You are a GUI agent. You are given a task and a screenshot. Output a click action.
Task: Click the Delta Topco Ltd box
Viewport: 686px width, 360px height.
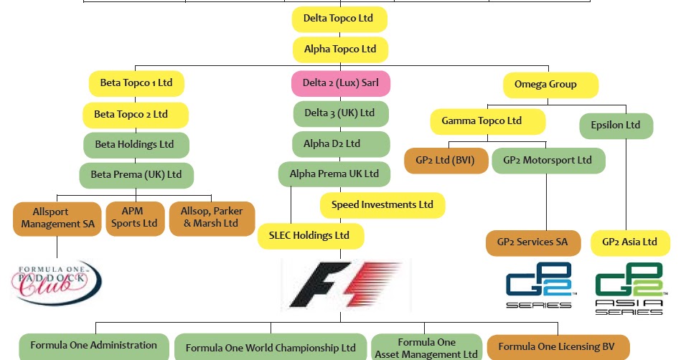[339, 19]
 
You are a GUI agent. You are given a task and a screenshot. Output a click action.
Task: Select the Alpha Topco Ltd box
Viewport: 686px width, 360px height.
[340, 49]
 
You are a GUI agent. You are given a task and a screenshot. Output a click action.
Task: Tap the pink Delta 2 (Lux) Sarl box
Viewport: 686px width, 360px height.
[341, 83]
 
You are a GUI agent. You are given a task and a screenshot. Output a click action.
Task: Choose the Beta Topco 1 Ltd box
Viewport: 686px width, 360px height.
[136, 83]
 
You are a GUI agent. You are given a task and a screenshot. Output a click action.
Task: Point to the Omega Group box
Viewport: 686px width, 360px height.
[550, 85]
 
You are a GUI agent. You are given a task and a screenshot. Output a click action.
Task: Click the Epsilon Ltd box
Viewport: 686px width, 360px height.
[616, 125]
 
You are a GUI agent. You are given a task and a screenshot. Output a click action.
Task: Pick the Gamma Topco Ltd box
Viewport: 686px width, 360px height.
[487, 121]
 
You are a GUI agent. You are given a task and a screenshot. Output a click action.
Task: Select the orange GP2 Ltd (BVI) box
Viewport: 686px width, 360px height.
[446, 161]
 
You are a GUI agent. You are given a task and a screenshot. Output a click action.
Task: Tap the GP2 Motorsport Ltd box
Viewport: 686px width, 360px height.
[548, 161]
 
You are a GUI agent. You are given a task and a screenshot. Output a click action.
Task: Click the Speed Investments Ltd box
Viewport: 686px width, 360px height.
[382, 205]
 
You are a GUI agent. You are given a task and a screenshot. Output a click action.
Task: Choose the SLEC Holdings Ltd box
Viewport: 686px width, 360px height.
[311, 236]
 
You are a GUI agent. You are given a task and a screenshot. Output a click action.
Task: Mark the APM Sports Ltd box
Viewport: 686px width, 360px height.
[133, 218]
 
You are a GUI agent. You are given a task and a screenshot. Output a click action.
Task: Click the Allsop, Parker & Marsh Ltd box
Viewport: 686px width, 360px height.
[212, 218]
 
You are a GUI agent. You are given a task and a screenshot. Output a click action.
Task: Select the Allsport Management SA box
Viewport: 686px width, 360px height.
[57, 218]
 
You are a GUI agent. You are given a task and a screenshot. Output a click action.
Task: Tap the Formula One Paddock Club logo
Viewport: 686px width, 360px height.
[56, 282]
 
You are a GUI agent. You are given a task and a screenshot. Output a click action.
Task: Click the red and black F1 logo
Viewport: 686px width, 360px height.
[346, 285]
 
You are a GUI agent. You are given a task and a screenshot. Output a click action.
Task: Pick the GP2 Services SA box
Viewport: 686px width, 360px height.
[532, 242]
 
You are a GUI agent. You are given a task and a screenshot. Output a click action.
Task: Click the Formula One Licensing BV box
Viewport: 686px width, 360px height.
[558, 347]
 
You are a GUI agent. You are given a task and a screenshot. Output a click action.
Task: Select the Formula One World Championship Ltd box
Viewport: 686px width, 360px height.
[271, 349]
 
